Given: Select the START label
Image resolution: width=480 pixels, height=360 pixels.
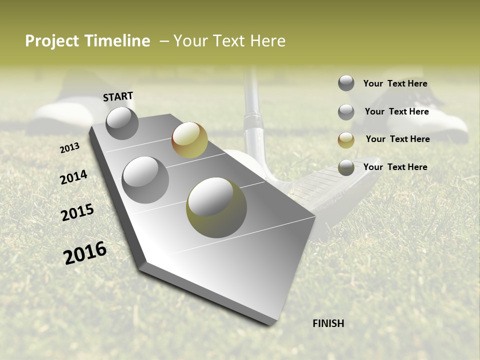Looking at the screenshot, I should tap(118, 96).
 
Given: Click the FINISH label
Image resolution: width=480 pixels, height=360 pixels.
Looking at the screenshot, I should tap(328, 323).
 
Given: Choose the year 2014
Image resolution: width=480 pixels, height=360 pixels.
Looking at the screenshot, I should tap(73, 177).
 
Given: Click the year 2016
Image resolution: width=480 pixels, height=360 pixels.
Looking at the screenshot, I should tap(85, 253).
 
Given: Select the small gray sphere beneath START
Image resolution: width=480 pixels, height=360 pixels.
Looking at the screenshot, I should tap(122, 123).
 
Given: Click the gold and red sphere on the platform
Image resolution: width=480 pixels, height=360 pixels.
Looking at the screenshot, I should tap(189, 140).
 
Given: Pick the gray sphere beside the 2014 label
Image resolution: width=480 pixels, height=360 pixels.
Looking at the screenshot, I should tap(145, 179).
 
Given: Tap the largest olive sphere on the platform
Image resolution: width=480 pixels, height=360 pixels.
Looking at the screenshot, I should tap(216, 207).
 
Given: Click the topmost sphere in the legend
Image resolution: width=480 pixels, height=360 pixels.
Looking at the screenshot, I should tap(346, 83).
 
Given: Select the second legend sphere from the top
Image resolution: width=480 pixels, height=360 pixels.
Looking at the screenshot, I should tap(346, 112).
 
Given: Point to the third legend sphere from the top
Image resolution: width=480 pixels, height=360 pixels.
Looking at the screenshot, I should tap(346, 140).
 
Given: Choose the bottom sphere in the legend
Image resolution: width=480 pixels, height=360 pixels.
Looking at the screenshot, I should tap(346, 168).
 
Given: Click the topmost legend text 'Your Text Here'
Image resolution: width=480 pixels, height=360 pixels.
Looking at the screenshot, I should tap(395, 83).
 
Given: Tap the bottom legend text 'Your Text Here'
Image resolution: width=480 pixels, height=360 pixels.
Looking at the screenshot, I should tap(395, 167).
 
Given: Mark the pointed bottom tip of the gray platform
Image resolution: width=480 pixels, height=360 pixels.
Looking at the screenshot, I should tap(272, 324).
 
